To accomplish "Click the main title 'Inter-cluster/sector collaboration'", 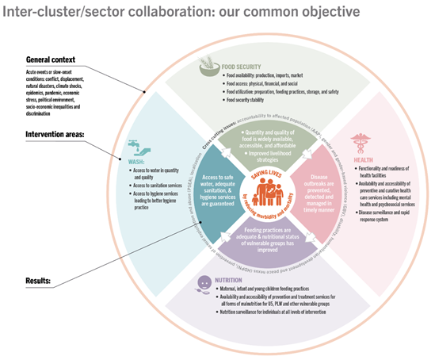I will tap(119, 12).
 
